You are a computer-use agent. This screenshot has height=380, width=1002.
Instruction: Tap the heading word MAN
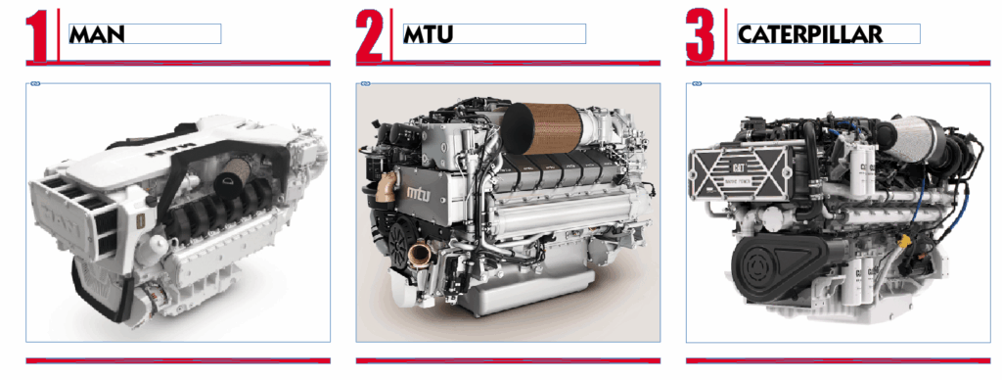point(97,34)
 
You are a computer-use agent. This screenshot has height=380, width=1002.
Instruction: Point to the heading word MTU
point(429,34)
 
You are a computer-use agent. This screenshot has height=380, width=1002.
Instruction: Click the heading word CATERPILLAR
point(809,34)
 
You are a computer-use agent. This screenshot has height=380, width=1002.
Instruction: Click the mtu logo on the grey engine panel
point(424,191)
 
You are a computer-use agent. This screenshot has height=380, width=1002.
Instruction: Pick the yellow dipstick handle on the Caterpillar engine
point(903,241)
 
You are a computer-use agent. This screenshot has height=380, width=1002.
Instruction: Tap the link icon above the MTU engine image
point(365,84)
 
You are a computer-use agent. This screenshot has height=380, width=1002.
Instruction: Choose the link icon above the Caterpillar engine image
point(696,84)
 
